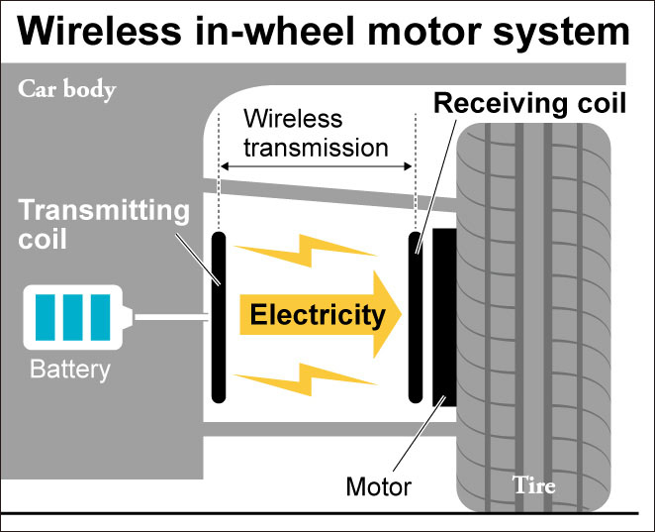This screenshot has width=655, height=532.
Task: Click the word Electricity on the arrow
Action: pos(317,316)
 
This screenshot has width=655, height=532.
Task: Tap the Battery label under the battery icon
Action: pos(70,371)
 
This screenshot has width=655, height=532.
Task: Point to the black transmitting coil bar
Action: pos(218,315)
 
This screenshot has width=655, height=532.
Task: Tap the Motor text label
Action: pos(379,485)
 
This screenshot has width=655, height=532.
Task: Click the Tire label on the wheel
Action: pos(533,485)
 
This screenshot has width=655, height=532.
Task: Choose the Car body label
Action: pos(67,90)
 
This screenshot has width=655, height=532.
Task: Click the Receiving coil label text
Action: pos(530,103)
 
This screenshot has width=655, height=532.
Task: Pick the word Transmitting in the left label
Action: pos(103,211)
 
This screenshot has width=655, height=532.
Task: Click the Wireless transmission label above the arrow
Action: pos(316,134)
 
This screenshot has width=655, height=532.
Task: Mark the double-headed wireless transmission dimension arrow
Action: pos(316,168)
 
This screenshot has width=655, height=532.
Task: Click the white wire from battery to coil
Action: pos(170,318)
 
